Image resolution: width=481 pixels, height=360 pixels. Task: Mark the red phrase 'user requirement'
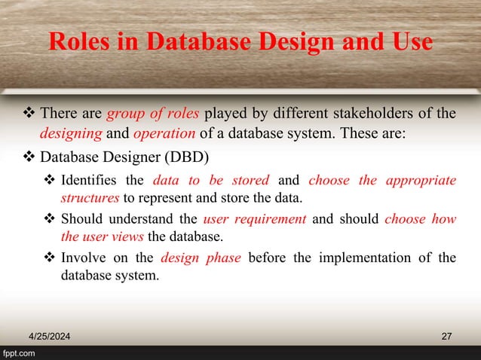(254, 219)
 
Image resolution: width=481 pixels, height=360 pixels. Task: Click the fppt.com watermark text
(20, 352)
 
